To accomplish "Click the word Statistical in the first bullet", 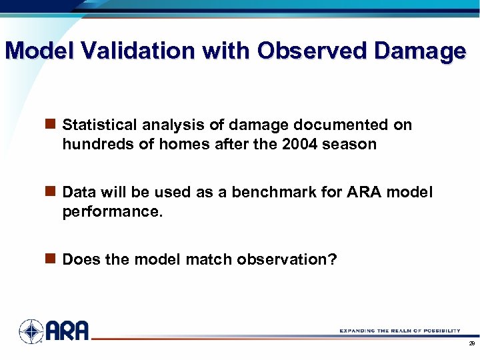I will (x=93, y=125).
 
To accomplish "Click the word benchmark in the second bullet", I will (x=266, y=193).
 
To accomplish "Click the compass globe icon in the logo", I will (x=31, y=331).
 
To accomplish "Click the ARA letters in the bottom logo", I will (x=67, y=331).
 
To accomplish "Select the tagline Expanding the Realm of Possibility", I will (x=399, y=331).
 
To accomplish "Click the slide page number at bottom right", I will (x=471, y=343).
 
